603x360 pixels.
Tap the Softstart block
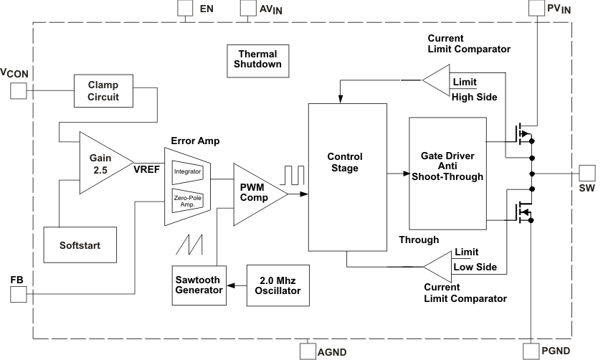[x=80, y=245]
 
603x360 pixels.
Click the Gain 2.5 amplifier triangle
[x=101, y=162]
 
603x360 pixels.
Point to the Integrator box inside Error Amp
[x=188, y=171]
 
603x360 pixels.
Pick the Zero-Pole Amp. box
[x=188, y=200]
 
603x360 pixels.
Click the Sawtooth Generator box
[x=198, y=284]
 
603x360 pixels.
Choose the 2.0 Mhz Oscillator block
[x=277, y=284]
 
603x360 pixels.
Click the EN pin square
[x=185, y=9]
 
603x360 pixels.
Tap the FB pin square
[x=18, y=293]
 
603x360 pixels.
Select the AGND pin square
[x=307, y=351]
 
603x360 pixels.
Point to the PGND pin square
[x=531, y=351]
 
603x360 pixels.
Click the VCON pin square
[x=18, y=90]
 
